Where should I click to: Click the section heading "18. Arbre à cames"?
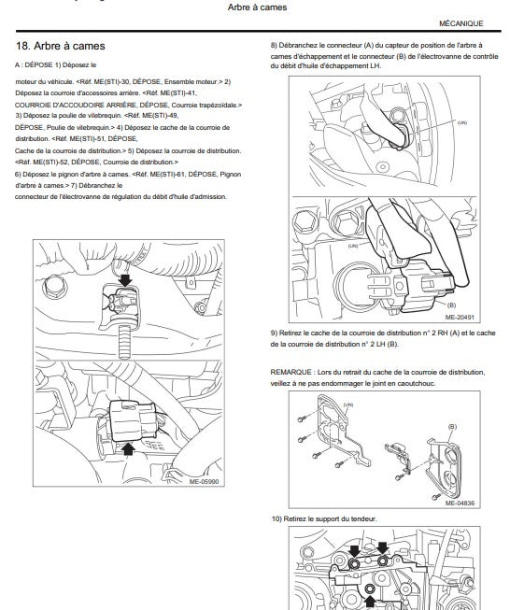pos(61,46)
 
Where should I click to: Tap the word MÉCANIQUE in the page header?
pos(461,23)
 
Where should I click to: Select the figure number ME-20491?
pos(460,318)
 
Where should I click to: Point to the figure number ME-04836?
pos(460,503)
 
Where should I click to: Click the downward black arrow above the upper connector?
pos(125,279)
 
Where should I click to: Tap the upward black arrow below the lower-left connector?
pos(128,449)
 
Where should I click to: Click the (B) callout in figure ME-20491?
pos(452,305)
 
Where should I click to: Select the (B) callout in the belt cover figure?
pos(452,427)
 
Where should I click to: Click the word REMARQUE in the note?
pos(291,373)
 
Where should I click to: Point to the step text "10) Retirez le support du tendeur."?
pos(324,519)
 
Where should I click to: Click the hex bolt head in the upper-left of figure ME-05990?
pos(53,289)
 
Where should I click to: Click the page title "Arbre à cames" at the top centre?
pos(257,7)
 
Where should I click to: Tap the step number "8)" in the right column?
pos(274,46)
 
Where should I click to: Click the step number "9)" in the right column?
pos(274,333)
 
